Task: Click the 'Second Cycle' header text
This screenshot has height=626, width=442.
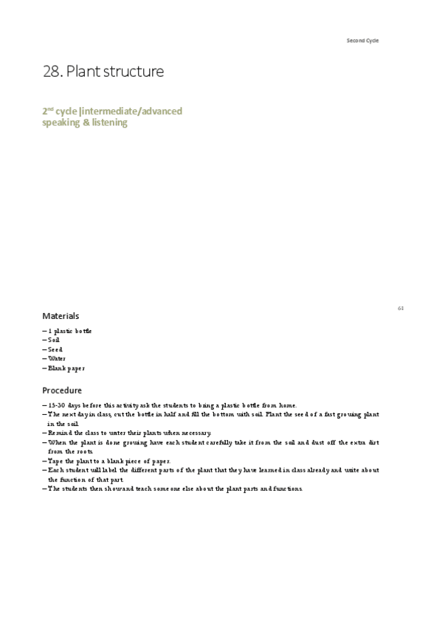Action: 362,40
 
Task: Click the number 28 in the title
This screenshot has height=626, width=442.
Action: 52,72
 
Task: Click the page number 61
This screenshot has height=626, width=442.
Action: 401,308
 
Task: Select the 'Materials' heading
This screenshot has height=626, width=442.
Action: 61,316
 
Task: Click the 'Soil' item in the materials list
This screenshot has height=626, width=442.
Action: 54,340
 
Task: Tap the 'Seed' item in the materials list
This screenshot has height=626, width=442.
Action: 55,349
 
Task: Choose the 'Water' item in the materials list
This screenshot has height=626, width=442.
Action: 57,359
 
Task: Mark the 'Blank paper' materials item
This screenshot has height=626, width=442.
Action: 66,368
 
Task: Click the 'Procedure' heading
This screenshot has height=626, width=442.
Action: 62,391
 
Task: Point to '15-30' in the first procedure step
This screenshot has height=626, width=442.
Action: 56,406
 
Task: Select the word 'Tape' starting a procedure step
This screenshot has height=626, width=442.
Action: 56,461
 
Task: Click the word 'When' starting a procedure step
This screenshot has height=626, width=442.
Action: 58,442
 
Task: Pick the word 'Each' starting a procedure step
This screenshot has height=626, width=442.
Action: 56,470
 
